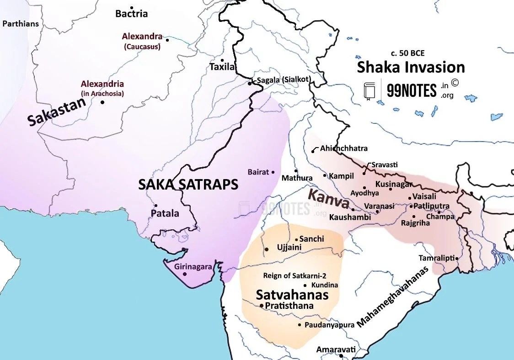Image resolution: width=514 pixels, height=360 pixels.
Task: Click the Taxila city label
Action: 222,67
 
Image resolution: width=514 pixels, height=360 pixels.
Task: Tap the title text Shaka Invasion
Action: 411,67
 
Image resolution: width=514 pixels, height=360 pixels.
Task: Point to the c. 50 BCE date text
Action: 407,53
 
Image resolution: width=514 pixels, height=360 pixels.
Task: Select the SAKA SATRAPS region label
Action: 188,185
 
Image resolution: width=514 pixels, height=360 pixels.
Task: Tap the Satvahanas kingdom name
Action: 292,295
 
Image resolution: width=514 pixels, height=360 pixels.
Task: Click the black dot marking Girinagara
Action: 185,274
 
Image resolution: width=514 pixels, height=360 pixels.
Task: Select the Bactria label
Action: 131,14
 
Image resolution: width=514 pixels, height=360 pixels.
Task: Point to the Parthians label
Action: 21,24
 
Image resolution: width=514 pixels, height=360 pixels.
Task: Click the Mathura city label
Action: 297,178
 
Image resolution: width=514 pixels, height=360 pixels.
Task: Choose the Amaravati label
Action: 336,349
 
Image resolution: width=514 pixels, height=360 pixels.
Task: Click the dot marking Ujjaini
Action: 267,249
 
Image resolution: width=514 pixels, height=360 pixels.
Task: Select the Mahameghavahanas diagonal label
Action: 394,297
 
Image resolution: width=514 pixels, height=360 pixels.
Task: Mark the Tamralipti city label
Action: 436,258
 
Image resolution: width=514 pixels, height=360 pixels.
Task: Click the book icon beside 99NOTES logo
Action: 369,91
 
